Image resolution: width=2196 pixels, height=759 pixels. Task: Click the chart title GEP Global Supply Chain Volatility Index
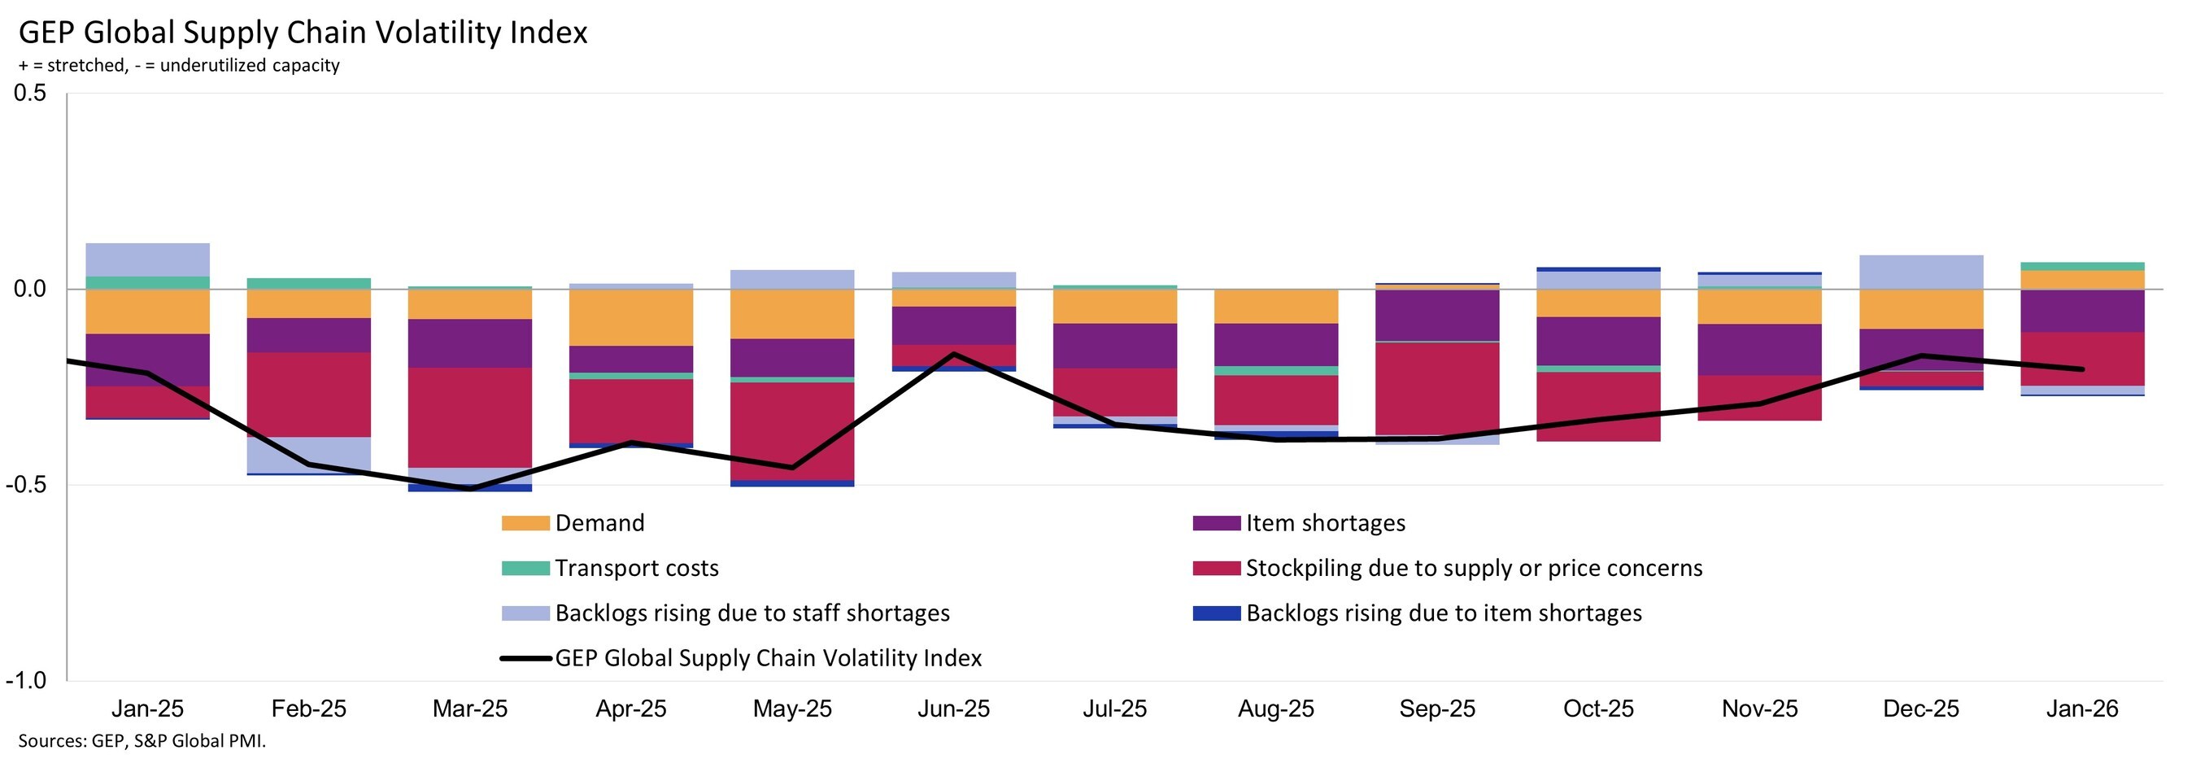coord(303,33)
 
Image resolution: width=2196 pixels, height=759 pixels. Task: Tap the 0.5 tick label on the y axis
coord(30,93)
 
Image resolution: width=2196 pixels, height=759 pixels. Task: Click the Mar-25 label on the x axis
coord(470,709)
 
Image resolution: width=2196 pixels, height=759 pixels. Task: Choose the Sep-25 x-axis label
coord(1437,709)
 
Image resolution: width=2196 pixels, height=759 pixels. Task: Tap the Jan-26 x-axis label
coord(2082,709)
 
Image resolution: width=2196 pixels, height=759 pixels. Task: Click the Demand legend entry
coord(599,523)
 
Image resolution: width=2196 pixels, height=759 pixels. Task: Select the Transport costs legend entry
coord(636,568)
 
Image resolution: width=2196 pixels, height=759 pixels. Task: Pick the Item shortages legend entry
coord(1325,523)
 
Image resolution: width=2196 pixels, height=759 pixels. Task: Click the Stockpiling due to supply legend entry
coord(1473,568)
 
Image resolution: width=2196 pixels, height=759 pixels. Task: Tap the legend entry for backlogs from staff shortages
coord(751,613)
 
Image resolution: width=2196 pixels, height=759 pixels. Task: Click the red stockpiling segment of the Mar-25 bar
coord(470,418)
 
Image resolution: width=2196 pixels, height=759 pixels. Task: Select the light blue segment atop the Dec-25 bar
coord(1920,272)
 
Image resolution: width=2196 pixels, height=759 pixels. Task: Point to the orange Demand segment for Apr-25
coord(631,317)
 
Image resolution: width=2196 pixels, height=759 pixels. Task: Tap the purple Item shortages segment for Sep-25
coord(1437,316)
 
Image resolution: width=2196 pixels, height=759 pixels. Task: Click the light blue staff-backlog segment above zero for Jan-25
coord(147,260)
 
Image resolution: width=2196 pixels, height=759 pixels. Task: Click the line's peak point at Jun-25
coord(953,354)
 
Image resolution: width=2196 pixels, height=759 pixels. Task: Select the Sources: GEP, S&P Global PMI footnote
coord(142,741)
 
